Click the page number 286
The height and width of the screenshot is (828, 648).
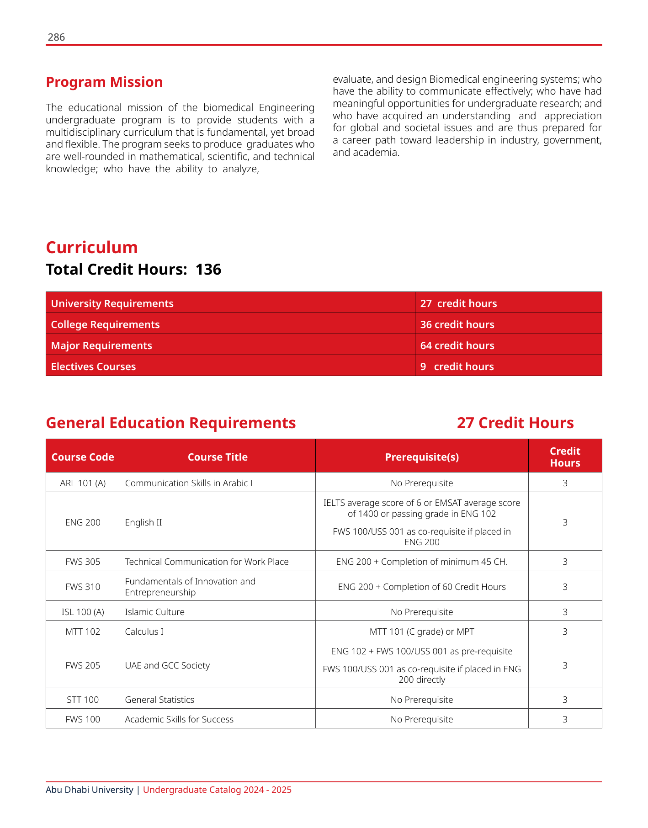pos(56,37)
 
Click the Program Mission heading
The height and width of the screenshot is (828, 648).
pos(104,82)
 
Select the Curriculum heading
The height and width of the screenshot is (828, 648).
pos(92,247)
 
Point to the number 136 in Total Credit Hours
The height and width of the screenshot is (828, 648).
pos(208,270)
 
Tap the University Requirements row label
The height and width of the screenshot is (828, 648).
pos(112,303)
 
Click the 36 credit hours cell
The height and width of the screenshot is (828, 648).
pos(457,324)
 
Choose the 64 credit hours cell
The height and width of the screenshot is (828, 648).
pos(457,345)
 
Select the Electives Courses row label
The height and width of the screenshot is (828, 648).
pos(93,366)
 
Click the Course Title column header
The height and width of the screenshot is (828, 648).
pos(218,457)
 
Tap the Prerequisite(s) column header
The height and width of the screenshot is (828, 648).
pos(422,457)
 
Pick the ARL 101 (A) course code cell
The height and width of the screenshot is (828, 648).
pos(83,483)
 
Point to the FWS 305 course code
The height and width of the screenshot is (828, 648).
pos(83,562)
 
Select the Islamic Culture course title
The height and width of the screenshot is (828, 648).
pos(154,612)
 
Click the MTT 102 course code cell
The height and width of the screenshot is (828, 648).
pos(83,632)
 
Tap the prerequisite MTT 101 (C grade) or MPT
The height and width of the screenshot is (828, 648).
pos(422,632)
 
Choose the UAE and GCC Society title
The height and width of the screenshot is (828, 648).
pos(167,665)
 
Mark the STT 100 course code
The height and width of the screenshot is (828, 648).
pos(83,700)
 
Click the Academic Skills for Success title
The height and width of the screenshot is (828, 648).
pos(179,719)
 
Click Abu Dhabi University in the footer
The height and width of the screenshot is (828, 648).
pos(90,790)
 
